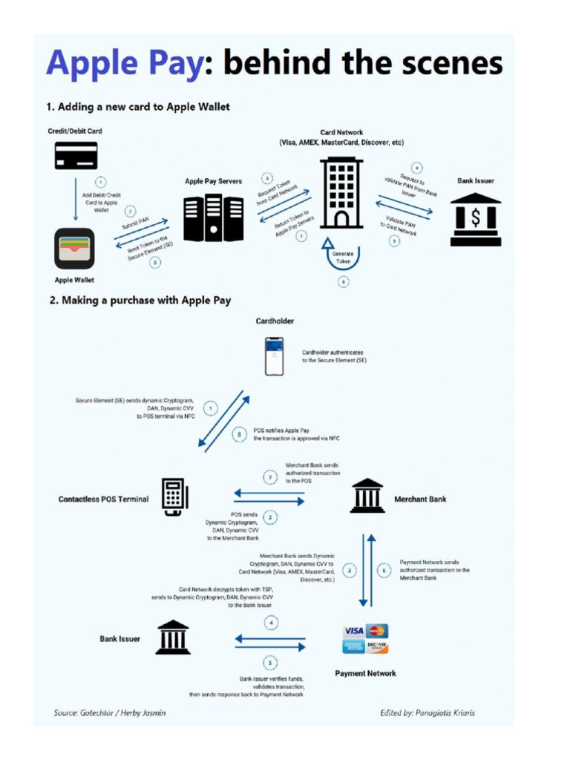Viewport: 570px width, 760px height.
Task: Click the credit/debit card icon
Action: pyautogui.click(x=76, y=155)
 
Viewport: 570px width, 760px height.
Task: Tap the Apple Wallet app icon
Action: pyautogui.click(x=75, y=249)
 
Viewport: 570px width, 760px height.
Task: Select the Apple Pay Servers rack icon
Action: pyautogui.click(x=214, y=218)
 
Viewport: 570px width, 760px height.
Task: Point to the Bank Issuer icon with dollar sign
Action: pyautogui.click(x=476, y=220)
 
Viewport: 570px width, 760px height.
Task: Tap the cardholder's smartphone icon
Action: pyautogui.click(x=275, y=356)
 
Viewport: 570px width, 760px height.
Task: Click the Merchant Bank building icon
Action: pyautogui.click(x=367, y=496)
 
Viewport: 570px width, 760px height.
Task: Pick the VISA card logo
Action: pyautogui.click(x=353, y=631)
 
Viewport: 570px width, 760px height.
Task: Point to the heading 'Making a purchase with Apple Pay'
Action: pyautogui.click(x=140, y=301)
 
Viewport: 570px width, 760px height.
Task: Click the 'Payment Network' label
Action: pyautogui.click(x=365, y=673)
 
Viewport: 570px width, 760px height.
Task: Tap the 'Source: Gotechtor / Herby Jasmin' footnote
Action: pyautogui.click(x=110, y=712)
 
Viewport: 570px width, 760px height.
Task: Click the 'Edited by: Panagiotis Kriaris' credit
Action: pyautogui.click(x=427, y=712)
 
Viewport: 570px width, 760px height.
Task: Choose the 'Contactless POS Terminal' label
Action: pyautogui.click(x=103, y=499)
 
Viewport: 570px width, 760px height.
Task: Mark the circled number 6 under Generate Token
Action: pyautogui.click(x=342, y=282)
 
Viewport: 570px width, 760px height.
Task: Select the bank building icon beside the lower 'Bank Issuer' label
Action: pyautogui.click(x=173, y=638)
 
